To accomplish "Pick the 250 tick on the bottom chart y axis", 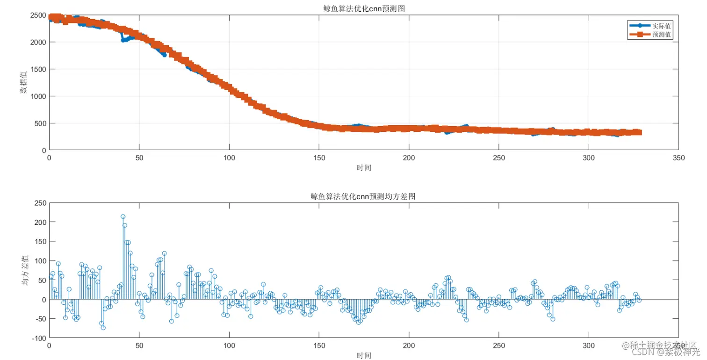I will [39, 202].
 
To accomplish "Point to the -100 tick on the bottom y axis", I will [38, 338].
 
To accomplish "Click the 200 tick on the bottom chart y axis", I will [39, 222].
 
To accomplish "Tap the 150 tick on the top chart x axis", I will [319, 158].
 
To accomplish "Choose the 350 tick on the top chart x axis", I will [678, 158].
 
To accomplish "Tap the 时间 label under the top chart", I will [363, 167].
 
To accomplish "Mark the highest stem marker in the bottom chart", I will [123, 216].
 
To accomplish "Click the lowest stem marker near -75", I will [103, 328].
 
